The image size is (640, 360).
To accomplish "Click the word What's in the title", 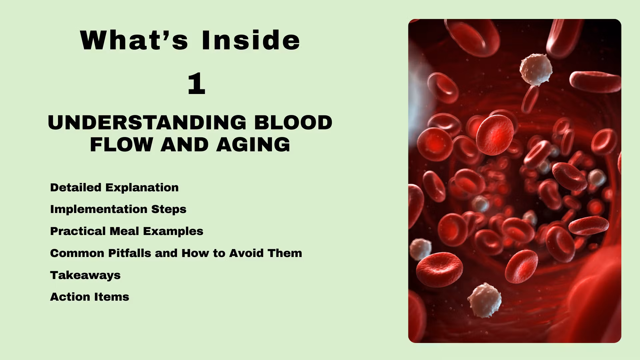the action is [134, 40].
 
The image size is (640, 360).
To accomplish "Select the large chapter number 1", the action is [196, 84].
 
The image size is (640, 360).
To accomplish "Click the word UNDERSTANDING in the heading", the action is [147, 122].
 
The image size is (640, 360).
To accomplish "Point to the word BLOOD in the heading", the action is [293, 122].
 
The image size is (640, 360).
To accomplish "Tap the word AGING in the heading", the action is [253, 145].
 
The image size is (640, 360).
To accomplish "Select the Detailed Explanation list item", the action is [114, 187].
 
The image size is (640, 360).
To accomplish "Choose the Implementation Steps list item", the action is [118, 209].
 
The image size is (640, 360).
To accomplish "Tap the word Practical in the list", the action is [78, 231].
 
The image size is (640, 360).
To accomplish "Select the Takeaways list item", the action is [85, 275].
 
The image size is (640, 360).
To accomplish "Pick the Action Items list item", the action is [90, 297].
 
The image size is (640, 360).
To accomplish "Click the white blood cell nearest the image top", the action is [535, 70].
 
